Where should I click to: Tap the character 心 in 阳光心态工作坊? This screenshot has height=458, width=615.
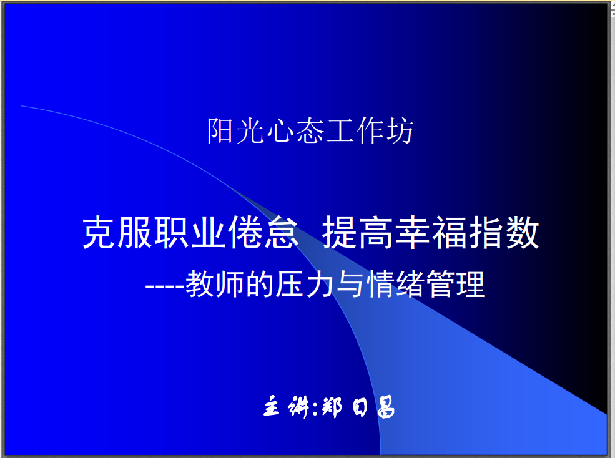click(x=280, y=131)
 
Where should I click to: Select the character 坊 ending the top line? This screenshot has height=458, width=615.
click(x=400, y=131)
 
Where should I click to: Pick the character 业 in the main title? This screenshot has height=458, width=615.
click(x=209, y=233)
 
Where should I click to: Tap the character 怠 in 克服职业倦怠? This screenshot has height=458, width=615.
click(x=281, y=233)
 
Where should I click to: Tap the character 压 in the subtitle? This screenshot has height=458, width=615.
click(x=290, y=285)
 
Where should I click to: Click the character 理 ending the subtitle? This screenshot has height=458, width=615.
click(x=471, y=285)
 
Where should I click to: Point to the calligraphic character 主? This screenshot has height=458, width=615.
click(x=272, y=406)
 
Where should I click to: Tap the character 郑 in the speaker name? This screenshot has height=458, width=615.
click(x=332, y=407)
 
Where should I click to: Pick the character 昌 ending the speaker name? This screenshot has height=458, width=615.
click(x=386, y=407)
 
